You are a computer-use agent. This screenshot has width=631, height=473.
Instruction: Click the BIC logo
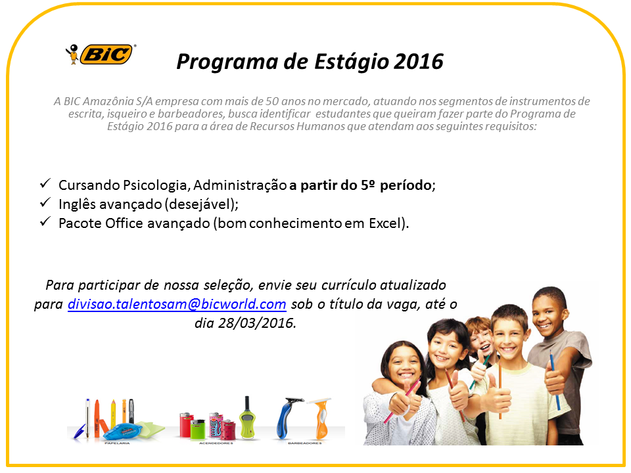(101, 54)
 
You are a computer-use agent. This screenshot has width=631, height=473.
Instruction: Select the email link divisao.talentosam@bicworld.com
(177, 304)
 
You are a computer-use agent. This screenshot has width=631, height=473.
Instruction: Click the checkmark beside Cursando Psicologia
(45, 184)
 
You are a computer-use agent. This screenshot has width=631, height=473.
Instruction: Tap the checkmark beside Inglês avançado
(45, 203)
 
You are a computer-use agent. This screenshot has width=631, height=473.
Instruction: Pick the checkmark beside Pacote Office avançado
(45, 222)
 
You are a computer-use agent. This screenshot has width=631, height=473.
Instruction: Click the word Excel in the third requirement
(381, 223)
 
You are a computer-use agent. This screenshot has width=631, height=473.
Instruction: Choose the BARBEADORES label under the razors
(304, 443)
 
